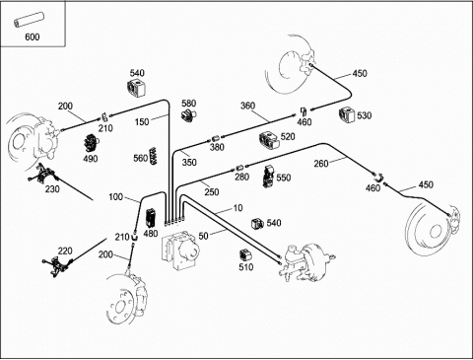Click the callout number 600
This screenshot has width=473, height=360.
coord(32,36)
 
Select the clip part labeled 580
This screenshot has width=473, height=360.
coord(188,115)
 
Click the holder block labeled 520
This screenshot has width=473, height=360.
coord(269,141)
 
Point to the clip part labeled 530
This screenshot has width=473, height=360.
coord(347,115)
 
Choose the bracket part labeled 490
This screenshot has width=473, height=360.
coord(92,143)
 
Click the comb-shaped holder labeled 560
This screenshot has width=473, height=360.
coord(153,156)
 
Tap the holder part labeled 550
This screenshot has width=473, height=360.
coord(269,177)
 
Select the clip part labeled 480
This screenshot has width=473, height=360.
coord(151,218)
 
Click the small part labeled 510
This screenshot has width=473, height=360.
coord(245,254)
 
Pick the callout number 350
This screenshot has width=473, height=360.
coord(189,162)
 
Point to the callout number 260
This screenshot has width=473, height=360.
coord(321,164)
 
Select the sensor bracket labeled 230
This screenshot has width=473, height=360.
coord(43,174)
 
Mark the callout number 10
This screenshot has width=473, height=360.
coord(237,208)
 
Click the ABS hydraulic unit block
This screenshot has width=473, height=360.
coord(180,250)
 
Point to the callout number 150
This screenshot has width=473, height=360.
coord(142,122)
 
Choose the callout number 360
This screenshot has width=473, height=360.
coord(247,106)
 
